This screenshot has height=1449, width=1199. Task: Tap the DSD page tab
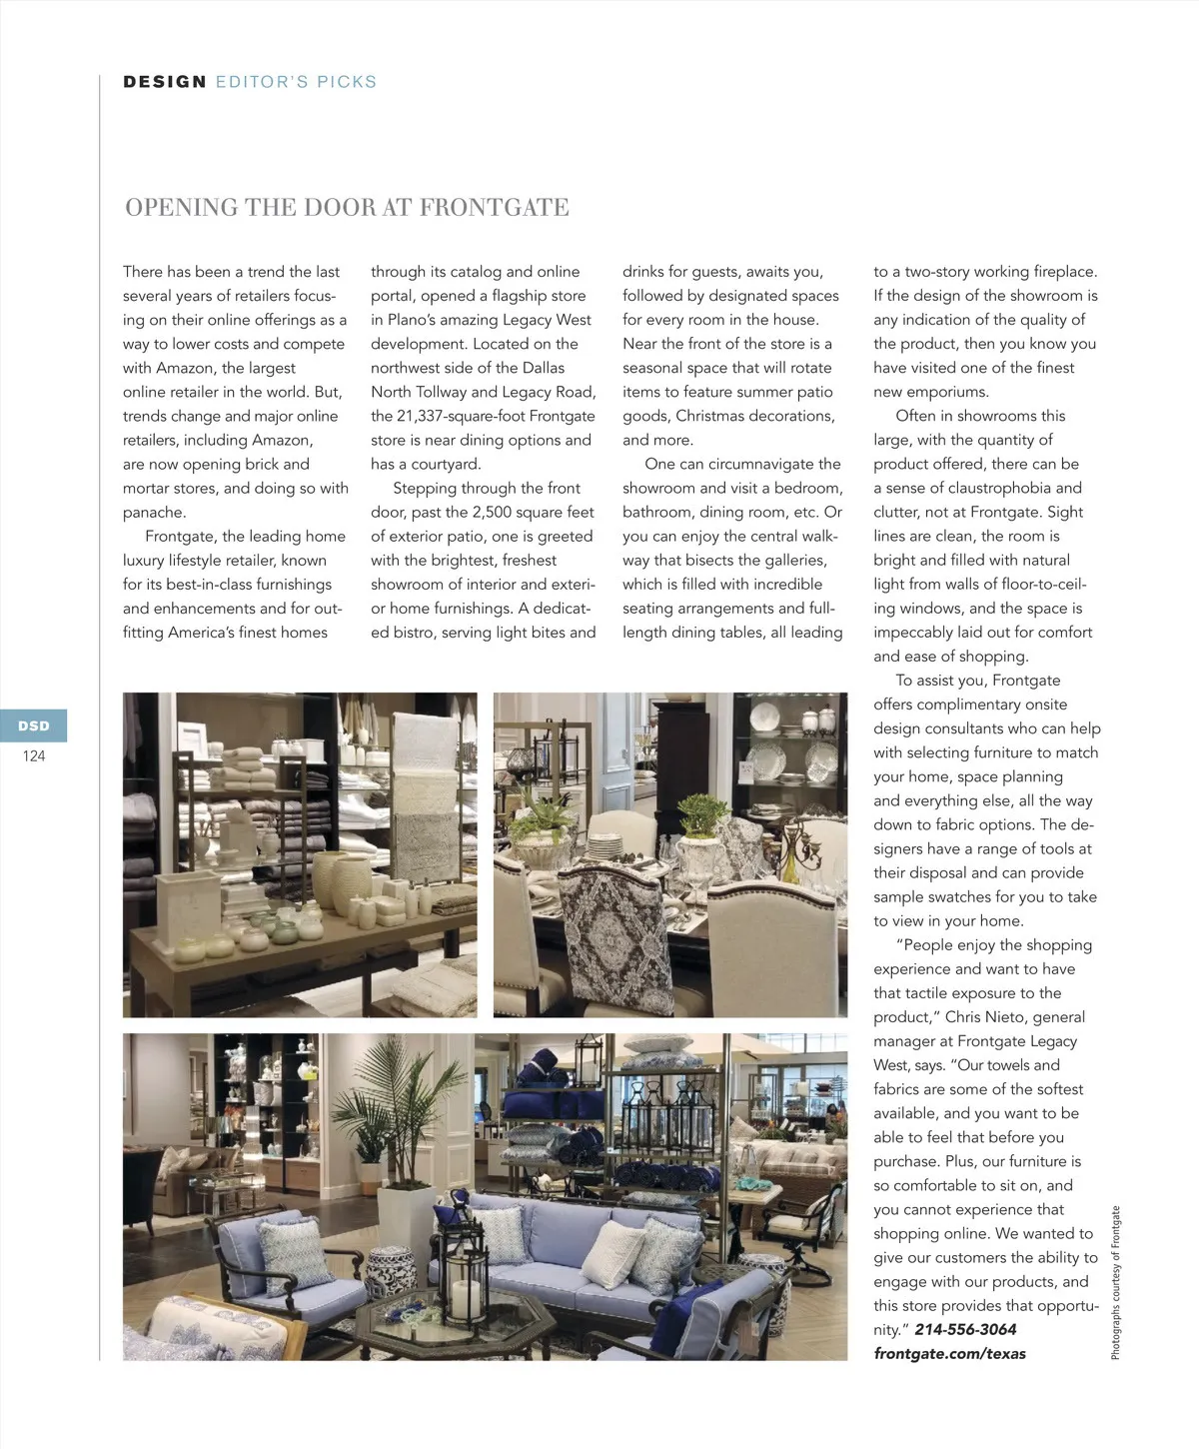pos(34,725)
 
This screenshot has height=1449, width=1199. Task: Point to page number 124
pos(34,756)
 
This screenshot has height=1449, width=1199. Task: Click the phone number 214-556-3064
pos(965,1330)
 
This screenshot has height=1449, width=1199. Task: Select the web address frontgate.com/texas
pos(949,1354)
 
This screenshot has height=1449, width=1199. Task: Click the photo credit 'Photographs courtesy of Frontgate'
pos(1116,1283)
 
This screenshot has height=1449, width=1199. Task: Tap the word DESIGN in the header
pos(165,82)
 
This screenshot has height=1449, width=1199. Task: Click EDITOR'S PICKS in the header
pos(296,82)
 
